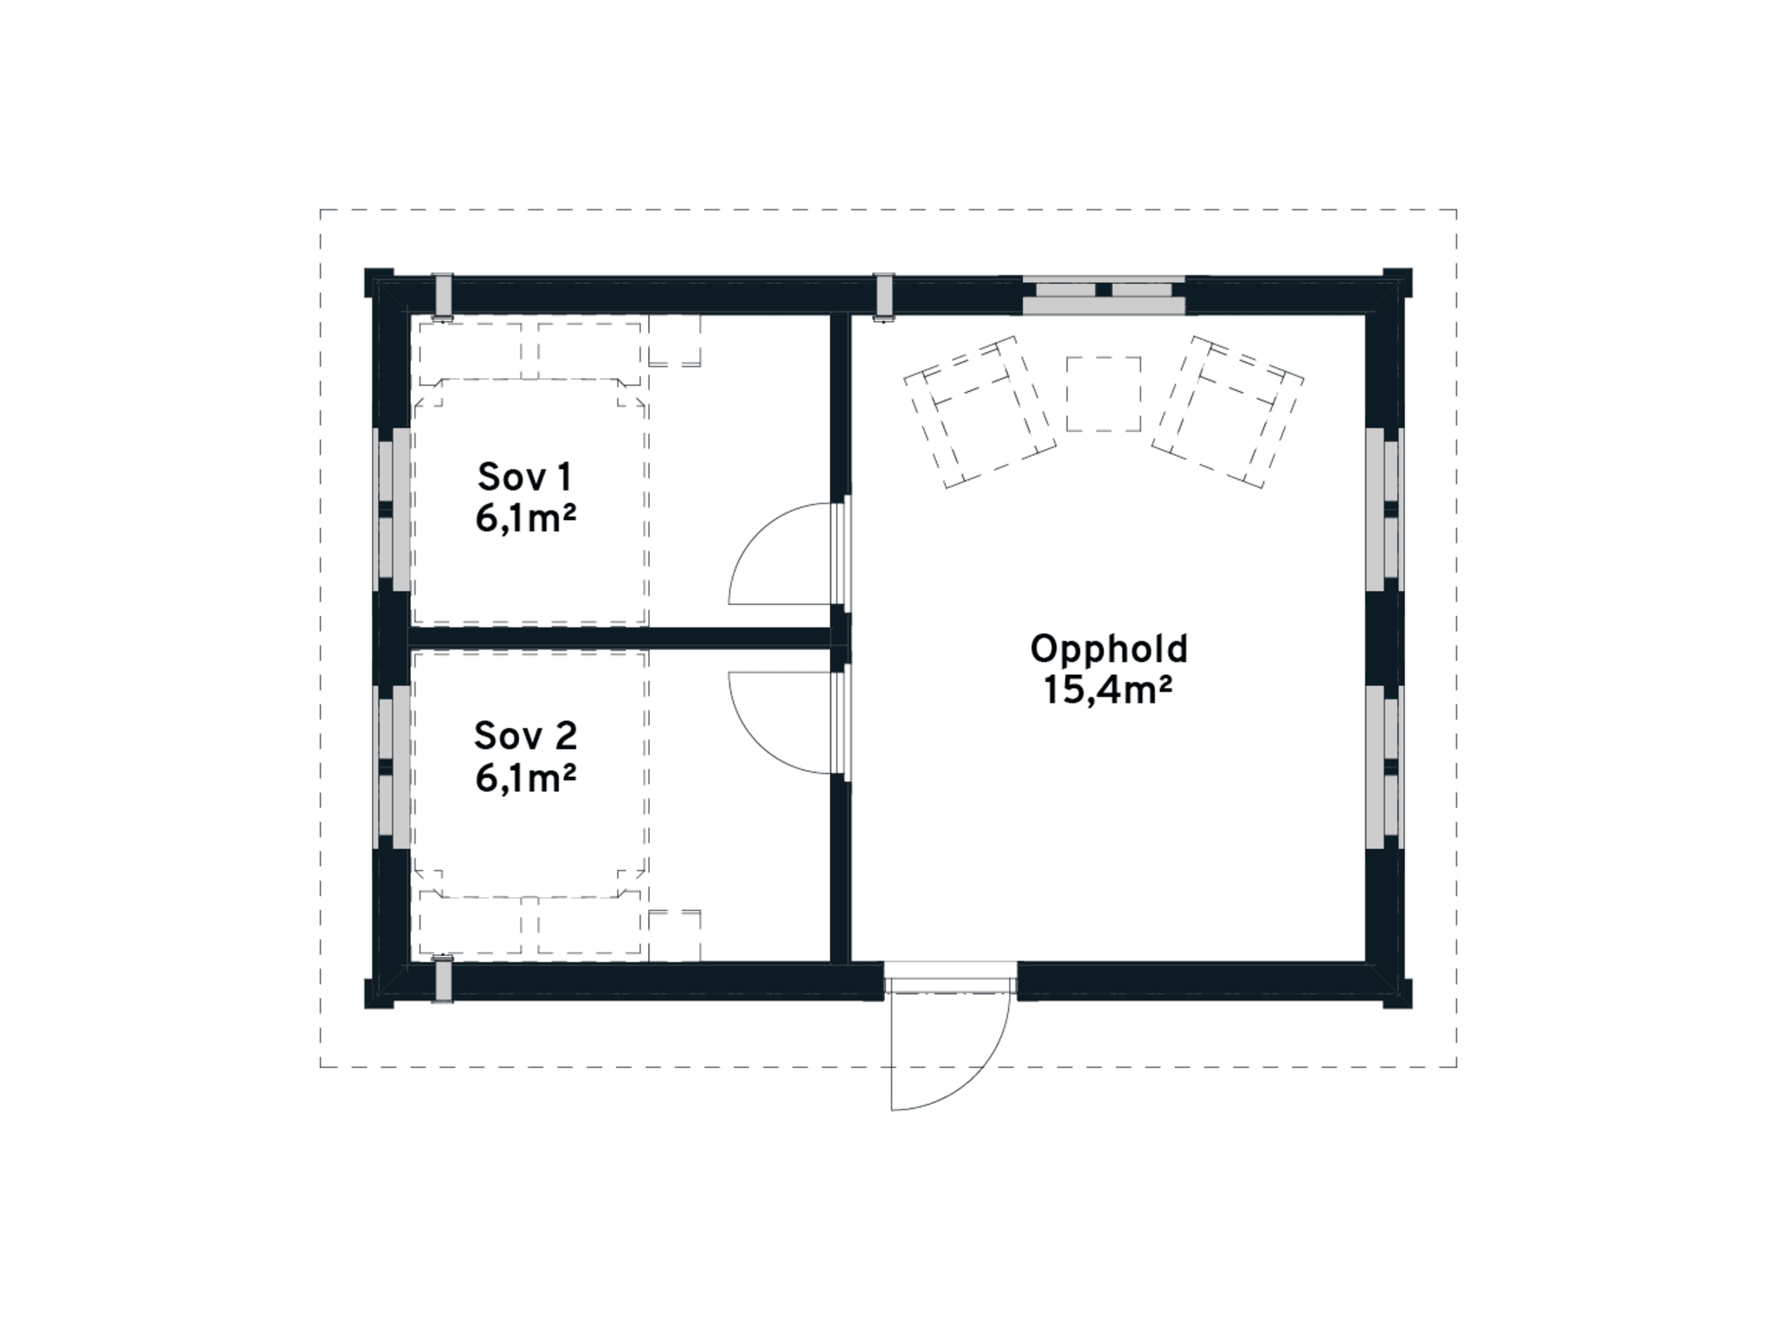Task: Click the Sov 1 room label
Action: point(524,477)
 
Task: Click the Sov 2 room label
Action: point(524,735)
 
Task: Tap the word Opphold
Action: point(1108,649)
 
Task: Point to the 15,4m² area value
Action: point(1108,690)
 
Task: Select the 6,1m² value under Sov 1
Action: point(525,519)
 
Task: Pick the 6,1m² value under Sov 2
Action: point(525,778)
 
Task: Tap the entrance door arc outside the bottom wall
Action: point(969,1082)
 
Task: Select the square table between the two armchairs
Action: point(1103,394)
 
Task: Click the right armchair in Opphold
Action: point(1228,411)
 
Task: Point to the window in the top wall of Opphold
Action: point(1103,296)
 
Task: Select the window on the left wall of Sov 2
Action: point(393,767)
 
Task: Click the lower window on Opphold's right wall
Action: point(1384,767)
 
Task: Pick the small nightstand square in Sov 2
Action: point(674,934)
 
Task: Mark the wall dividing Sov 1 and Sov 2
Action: point(619,638)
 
